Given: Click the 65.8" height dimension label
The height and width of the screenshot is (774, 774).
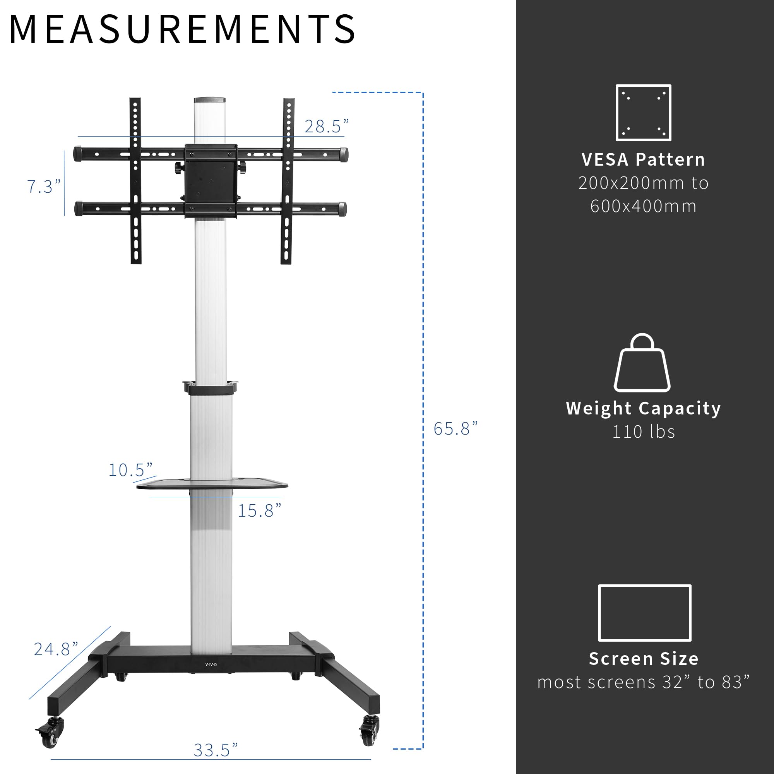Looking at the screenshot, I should click(455, 429).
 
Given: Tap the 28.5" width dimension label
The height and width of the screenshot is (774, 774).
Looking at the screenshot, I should click(327, 127).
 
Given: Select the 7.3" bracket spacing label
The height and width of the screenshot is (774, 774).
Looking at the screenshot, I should click(44, 187).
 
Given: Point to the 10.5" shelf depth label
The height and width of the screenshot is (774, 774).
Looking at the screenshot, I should click(130, 470).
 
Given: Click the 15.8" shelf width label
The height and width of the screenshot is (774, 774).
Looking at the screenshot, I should click(260, 511).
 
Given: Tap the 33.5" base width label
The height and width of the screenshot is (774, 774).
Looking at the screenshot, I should click(216, 750).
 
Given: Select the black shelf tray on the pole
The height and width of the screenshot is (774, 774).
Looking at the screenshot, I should click(212, 484).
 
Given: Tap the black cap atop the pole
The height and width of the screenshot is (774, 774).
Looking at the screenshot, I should click(209, 100).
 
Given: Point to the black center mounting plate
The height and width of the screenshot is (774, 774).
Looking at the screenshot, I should click(210, 180).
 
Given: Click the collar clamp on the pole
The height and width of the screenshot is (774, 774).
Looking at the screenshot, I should click(210, 388).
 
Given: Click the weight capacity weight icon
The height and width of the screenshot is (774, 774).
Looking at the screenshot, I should click(642, 363).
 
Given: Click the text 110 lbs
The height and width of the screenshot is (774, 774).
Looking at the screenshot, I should click(644, 432).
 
